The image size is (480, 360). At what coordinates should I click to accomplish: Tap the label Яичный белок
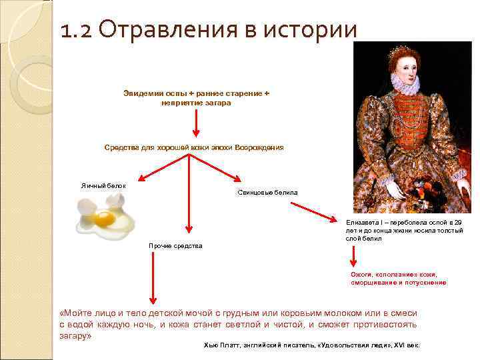point(99,185)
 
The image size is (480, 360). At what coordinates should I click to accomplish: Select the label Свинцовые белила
point(268,193)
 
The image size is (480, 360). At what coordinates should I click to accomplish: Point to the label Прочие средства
point(175,246)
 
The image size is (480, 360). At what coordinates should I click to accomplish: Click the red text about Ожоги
point(399,279)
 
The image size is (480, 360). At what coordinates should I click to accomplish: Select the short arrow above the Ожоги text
point(353,256)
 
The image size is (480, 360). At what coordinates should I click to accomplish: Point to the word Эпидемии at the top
point(141,94)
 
